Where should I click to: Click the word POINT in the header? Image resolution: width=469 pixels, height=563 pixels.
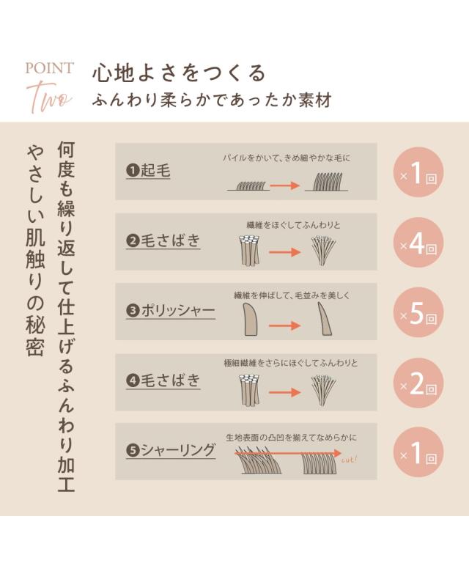49,68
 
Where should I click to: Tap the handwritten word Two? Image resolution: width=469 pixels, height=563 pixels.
49,97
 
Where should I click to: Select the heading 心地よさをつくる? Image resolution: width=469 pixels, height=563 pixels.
179,73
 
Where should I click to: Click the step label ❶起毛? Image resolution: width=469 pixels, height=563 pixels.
148,170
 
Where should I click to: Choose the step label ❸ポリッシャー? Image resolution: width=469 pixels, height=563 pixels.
171,310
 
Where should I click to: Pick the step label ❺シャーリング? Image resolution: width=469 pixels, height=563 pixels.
171,450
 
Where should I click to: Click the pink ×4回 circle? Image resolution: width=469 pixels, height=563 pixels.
418,243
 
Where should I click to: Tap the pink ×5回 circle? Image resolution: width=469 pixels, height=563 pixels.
418,312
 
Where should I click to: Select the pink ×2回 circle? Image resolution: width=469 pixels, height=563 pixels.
418,383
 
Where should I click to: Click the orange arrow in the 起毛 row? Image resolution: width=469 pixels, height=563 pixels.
284,185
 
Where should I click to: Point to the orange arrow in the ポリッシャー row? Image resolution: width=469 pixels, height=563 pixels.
284,325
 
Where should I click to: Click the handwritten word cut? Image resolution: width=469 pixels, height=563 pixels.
349,460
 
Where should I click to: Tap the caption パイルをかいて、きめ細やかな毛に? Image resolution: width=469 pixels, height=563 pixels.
287,158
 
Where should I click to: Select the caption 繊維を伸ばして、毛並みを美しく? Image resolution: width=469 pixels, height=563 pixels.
292,295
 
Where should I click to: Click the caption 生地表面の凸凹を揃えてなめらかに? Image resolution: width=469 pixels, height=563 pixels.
292,438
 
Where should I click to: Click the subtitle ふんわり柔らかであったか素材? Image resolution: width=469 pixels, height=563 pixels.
212,100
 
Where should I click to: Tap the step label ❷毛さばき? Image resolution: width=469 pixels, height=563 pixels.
163,240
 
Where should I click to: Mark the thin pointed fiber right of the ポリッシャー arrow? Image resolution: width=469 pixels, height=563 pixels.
325,319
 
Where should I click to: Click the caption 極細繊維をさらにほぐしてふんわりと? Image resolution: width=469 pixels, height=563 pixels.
291,363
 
